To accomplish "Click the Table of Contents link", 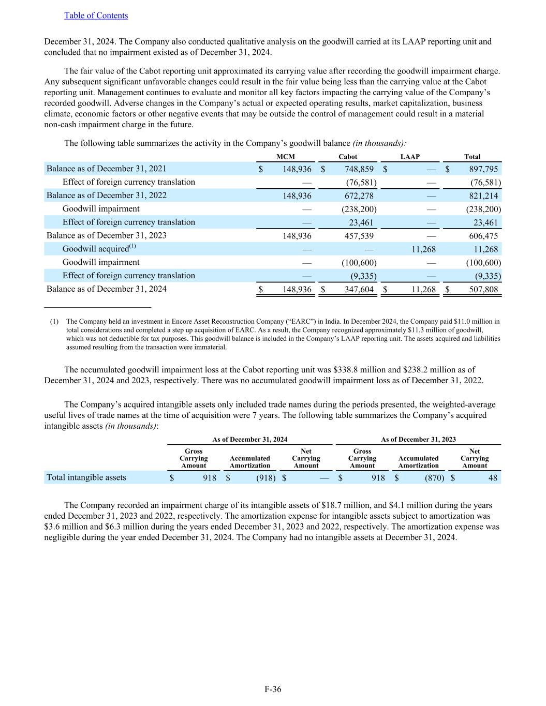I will point(96,16).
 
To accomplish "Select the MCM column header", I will point(286,157).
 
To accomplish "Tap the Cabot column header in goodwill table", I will point(347,157).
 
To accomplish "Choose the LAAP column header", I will point(410,157).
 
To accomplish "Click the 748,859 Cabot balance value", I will point(359,169).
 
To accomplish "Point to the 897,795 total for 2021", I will point(483,169).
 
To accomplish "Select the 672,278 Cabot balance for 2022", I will point(359,196).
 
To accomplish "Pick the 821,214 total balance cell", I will point(483,196).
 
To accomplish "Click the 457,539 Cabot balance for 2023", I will point(359,236).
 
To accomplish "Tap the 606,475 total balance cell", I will point(483,236).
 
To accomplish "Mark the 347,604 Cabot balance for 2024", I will point(359,290).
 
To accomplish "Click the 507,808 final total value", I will point(483,290).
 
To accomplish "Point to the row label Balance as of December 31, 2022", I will point(107,196).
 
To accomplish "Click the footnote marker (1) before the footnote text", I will point(54,322).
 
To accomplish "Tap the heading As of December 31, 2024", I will point(250,439).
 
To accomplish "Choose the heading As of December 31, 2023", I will point(418,439).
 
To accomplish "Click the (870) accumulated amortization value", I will point(434,478).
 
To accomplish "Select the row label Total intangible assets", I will point(86,477).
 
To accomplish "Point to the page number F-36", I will point(273,689).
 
